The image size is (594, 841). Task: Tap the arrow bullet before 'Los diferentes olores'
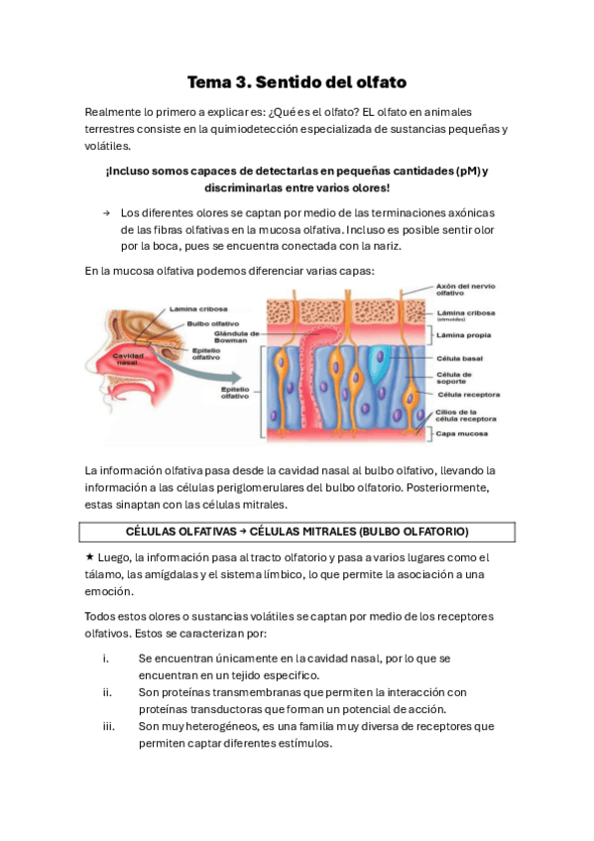point(104,213)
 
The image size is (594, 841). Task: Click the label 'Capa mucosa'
point(459,433)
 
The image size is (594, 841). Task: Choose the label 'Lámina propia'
point(461,335)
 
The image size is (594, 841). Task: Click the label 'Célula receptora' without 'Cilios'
point(468,394)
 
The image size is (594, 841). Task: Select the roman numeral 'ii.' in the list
point(107,692)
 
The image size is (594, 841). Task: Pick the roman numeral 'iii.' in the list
point(108,726)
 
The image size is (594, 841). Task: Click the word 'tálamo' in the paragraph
point(103,574)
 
